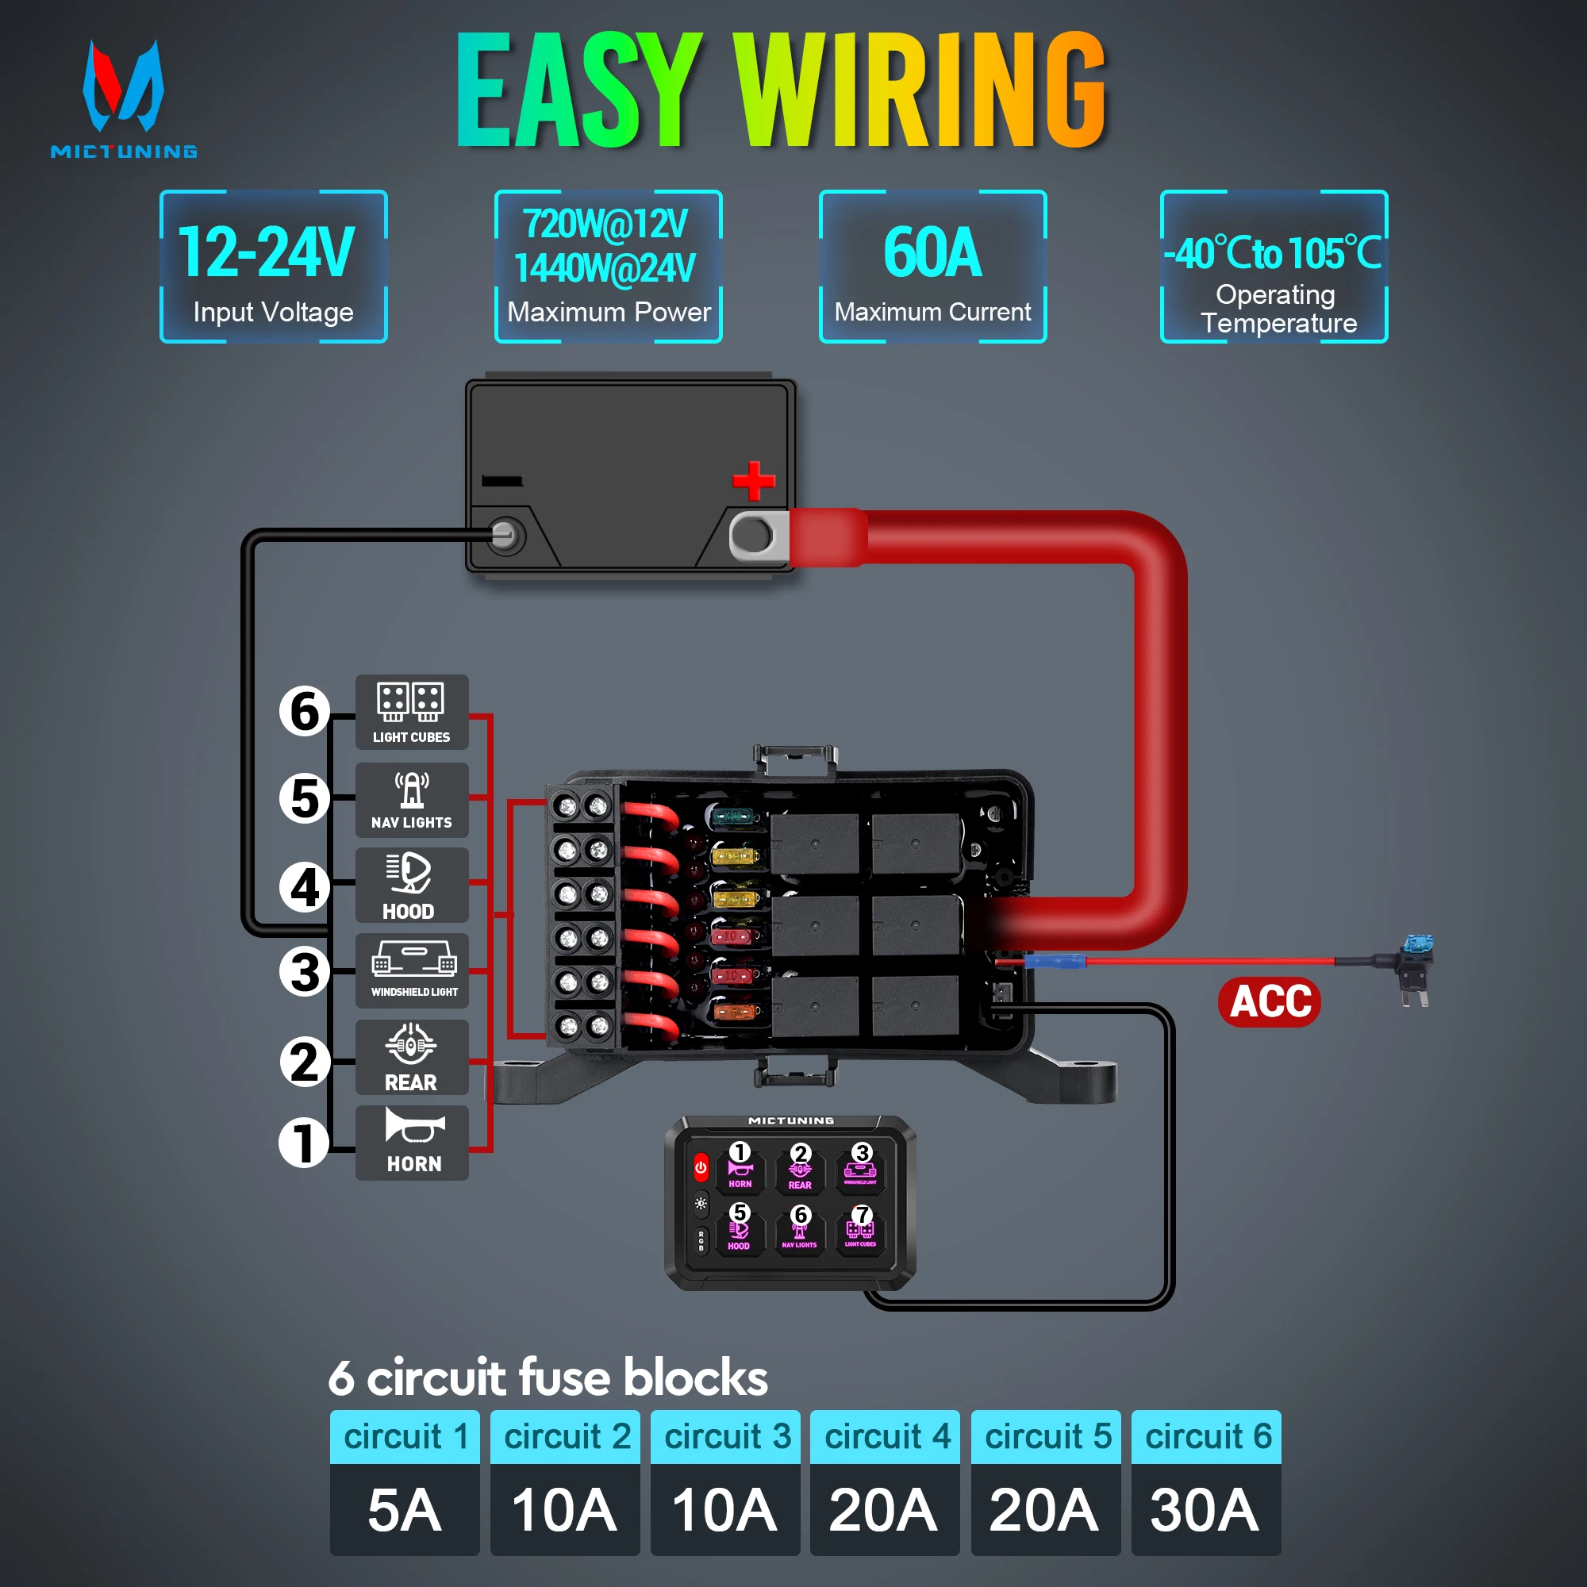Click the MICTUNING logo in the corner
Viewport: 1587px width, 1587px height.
123,98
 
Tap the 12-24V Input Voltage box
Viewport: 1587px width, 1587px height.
273,266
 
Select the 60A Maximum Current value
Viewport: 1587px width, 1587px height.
932,253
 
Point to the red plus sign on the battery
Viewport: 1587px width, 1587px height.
753,481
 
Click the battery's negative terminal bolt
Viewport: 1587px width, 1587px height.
504,536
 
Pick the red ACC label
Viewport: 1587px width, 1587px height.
1269,1001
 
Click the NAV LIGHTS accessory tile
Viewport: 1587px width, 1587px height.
412,799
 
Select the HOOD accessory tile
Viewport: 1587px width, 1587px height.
412,886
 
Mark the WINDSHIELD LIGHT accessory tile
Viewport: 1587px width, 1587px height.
412,971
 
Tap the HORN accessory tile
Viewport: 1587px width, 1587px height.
412,1143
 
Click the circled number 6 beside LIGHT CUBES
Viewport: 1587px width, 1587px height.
305,711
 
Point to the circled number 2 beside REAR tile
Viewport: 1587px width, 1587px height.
305,1061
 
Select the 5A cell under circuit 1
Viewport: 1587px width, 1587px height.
404,1510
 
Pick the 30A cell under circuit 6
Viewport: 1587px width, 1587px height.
1205,1510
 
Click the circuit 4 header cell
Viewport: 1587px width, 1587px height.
885,1437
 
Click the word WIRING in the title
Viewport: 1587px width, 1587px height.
920,90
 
